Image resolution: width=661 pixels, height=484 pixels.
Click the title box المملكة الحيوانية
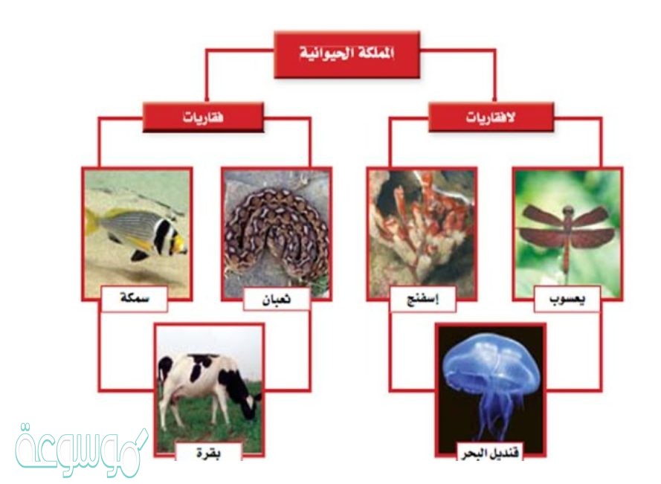346,54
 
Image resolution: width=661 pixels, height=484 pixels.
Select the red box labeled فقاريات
203,117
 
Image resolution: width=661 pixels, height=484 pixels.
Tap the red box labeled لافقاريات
491,117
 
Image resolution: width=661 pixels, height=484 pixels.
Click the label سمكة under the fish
135,299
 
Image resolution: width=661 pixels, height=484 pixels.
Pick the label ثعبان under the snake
277,300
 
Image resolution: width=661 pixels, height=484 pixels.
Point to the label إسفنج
423,300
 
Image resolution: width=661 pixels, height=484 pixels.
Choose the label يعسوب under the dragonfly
567,300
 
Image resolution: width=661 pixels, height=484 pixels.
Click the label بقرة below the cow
209,453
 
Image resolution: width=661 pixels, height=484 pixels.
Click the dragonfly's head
568,210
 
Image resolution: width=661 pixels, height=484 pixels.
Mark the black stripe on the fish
160,236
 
